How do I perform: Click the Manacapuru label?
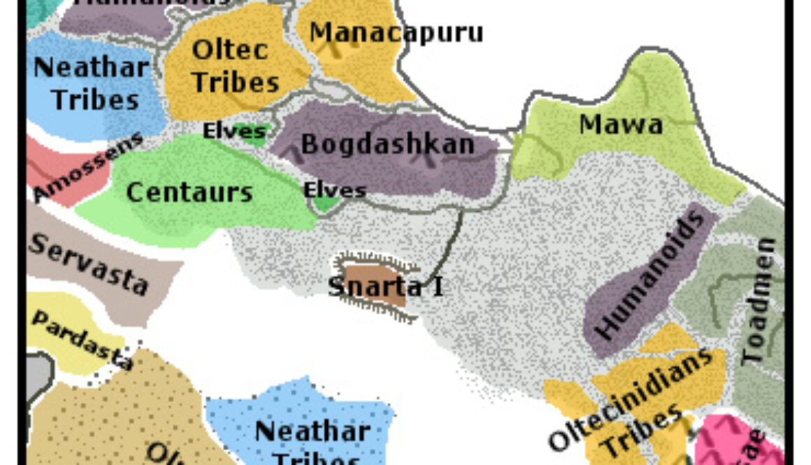tap(396, 32)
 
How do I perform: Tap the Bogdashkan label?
tap(387, 145)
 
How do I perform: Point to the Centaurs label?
tap(189, 192)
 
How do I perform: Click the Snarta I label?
tap(385, 286)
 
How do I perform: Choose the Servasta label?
tap(89, 264)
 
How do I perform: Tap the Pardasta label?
tap(82, 340)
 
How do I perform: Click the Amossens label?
tap(87, 166)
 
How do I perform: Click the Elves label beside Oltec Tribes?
tap(234, 130)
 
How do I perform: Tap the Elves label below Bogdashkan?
tap(335, 189)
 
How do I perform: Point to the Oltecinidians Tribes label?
tap(629, 402)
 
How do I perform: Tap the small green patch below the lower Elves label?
tap(325, 204)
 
